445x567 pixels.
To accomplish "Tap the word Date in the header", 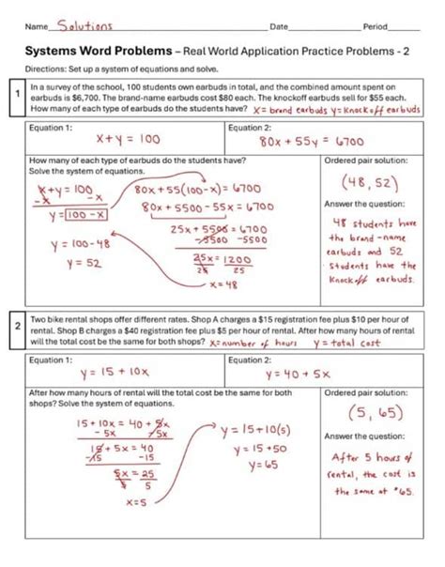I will click(279, 24).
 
